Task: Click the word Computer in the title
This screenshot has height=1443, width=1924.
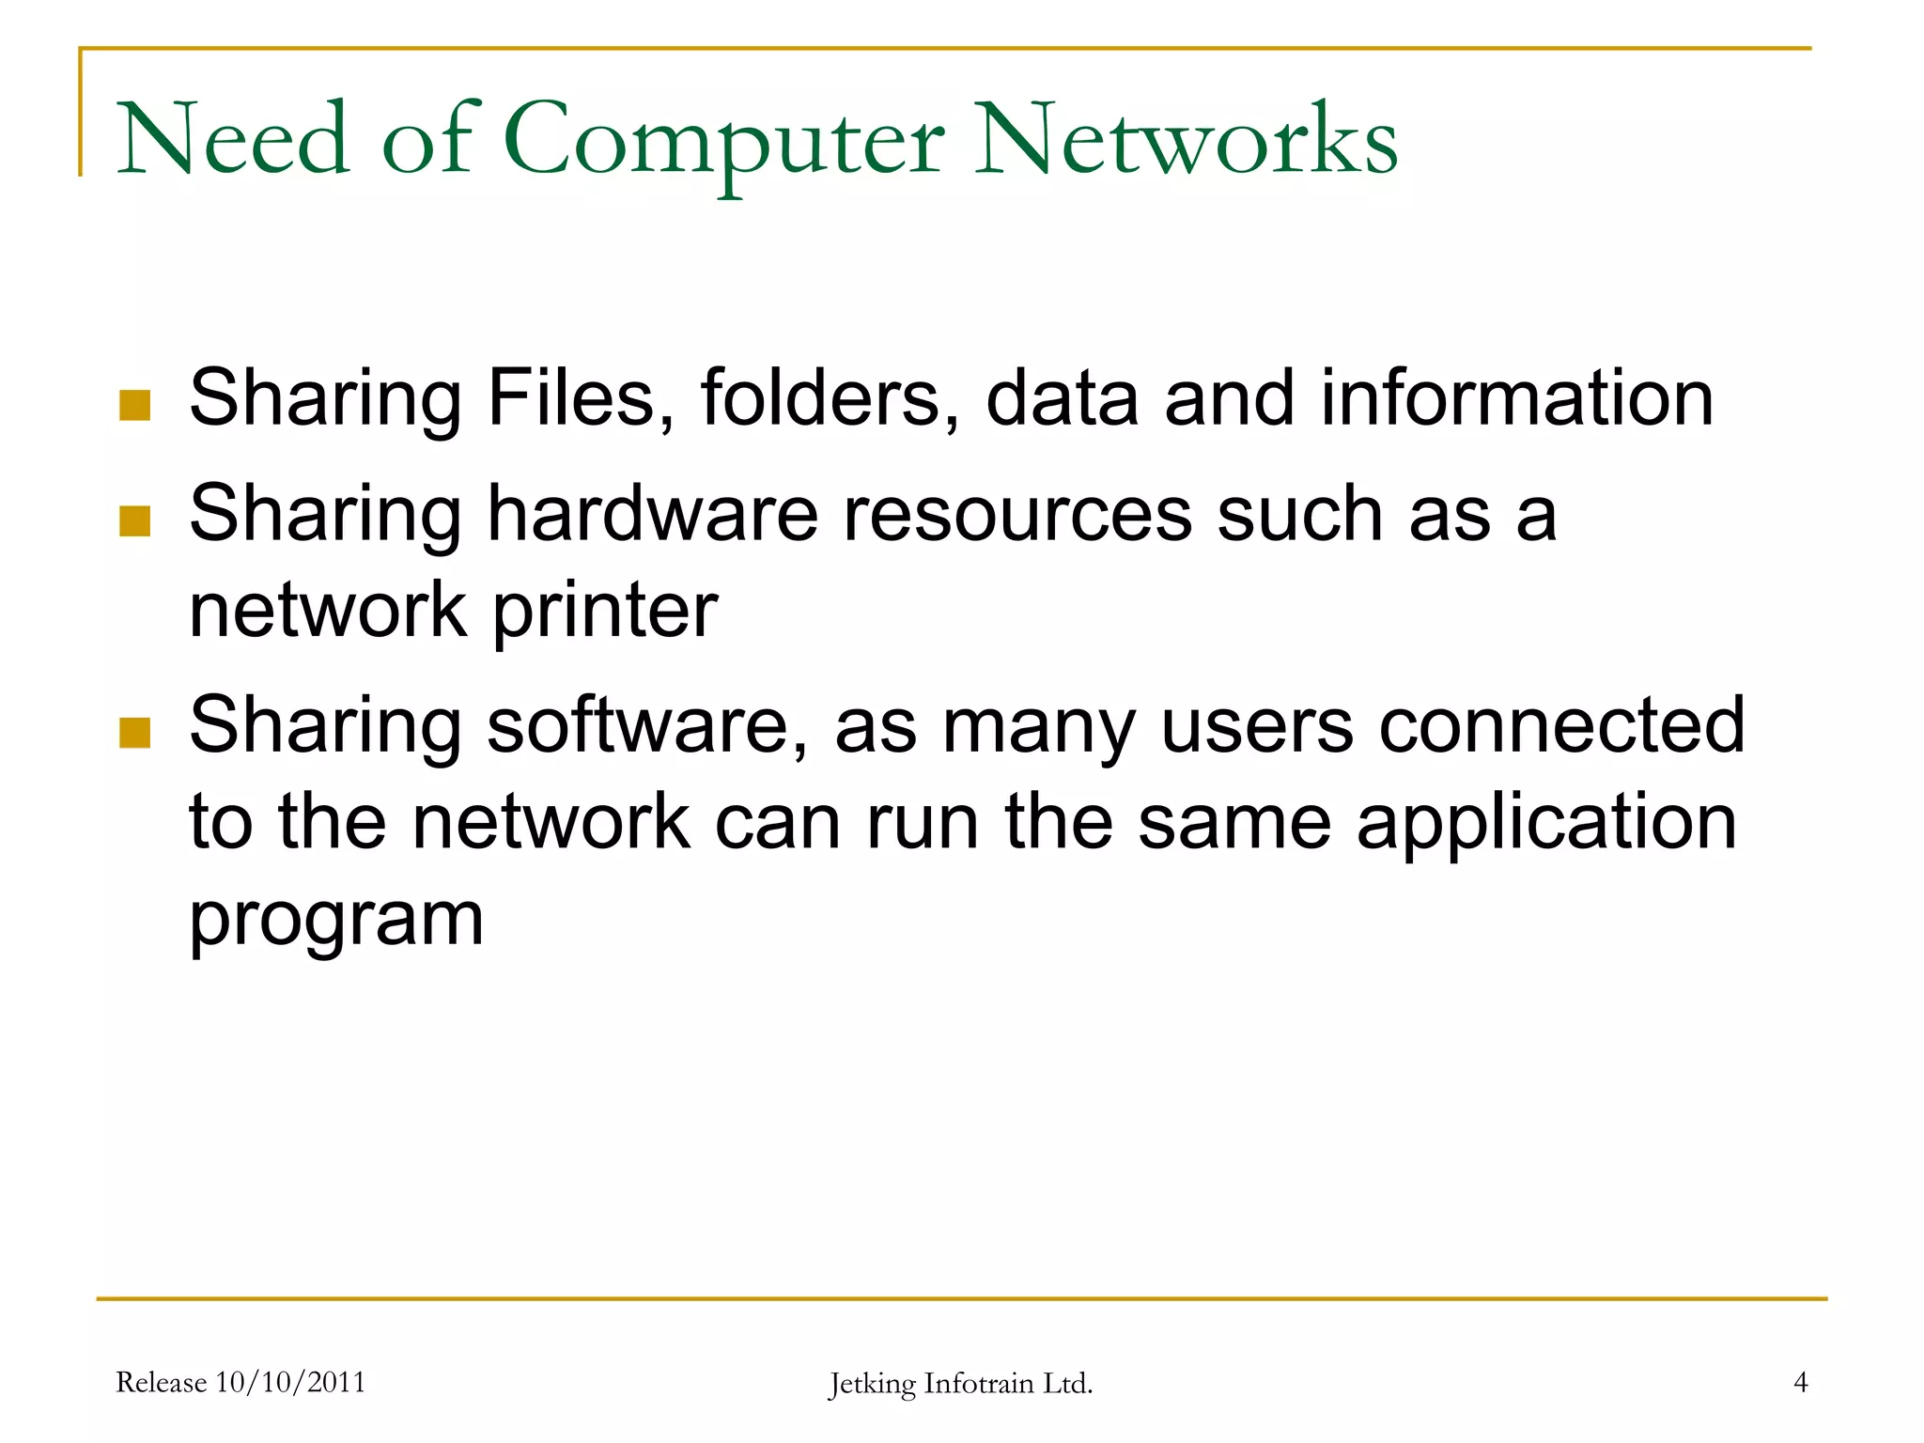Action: click(x=723, y=141)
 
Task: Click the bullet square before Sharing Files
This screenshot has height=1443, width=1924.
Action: click(x=135, y=405)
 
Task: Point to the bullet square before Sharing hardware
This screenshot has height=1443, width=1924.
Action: click(x=135, y=520)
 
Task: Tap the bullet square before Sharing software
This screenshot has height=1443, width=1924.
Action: click(x=135, y=732)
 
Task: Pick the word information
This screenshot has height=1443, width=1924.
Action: click(x=1517, y=397)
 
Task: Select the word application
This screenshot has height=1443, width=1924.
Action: click(x=1546, y=823)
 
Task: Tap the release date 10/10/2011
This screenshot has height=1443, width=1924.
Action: click(x=290, y=1382)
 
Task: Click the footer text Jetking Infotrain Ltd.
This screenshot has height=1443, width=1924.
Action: click(x=960, y=1384)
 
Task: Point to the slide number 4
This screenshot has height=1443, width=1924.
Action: click(x=1800, y=1382)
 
